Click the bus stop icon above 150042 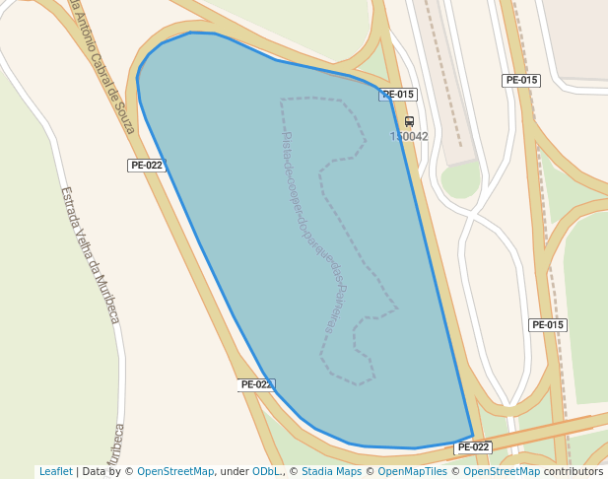pos(409,122)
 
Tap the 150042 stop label pos(409,137)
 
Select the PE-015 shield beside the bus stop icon pos(398,95)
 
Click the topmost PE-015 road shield pos(521,81)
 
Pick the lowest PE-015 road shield pos(548,325)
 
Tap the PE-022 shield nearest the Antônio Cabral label pos(146,166)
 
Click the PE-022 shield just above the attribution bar pos(473,447)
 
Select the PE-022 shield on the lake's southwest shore pos(255,384)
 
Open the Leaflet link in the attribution pos(56,472)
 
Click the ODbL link pos(266,472)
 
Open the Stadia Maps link pos(329,472)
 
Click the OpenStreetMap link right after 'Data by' pos(175,472)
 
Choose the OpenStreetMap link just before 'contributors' pos(502,472)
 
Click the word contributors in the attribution pos(573,472)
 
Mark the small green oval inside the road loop pos(460,179)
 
